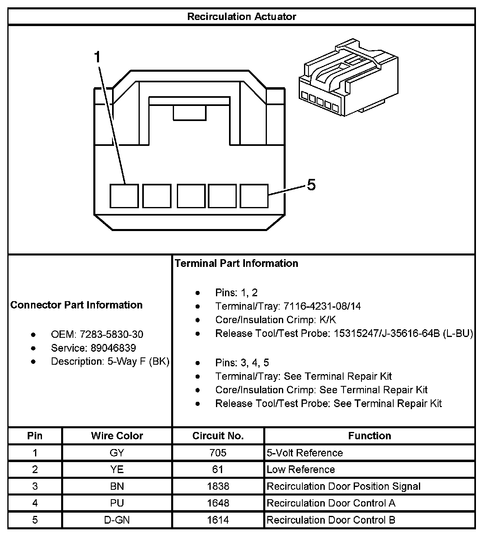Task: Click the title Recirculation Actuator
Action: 241,17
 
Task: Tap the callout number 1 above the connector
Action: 97,57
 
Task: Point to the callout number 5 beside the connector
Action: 311,185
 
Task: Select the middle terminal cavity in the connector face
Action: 191,196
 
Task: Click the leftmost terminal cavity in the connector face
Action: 124,196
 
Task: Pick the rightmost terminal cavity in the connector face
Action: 254,196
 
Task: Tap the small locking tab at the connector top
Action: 189,113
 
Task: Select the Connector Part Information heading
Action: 77,305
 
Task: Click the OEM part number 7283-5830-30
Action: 111,335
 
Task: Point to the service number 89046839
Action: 108,348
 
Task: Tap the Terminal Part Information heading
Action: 236,263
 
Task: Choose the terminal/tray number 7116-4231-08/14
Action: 322,306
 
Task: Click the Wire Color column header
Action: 117,436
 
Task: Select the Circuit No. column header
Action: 218,436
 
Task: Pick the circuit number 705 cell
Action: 218,453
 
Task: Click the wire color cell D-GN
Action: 117,520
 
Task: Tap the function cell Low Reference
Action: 301,469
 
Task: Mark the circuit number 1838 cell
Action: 218,486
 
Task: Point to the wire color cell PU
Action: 117,503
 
